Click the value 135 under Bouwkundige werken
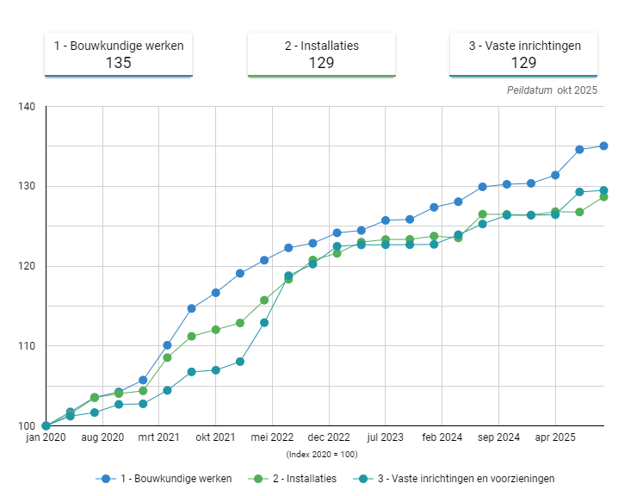(119, 62)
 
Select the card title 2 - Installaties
(321, 46)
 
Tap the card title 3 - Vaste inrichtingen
(523, 46)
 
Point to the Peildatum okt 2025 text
(552, 90)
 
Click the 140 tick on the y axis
(26, 107)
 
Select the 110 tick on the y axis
(26, 346)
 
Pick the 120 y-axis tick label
(26, 266)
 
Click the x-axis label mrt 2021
(158, 437)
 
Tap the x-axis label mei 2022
(272, 437)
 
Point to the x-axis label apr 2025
(555, 437)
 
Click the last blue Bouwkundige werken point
(603, 146)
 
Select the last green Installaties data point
(603, 197)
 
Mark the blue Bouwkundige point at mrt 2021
(167, 345)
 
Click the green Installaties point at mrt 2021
(167, 357)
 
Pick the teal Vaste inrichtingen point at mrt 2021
(167, 390)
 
